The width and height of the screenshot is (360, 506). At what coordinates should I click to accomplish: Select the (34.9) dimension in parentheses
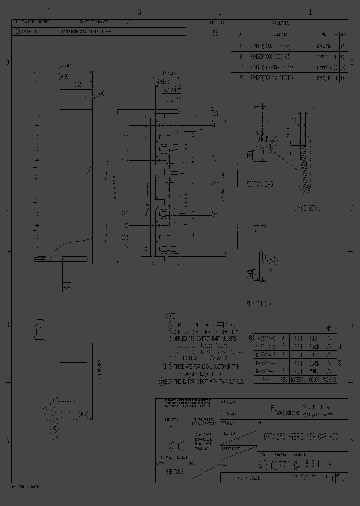[x=63, y=76]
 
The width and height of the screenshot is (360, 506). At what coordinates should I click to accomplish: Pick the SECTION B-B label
[x=260, y=184]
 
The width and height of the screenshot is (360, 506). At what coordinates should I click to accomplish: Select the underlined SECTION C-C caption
[x=259, y=303]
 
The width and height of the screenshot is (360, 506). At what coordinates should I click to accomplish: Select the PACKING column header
[x=328, y=380]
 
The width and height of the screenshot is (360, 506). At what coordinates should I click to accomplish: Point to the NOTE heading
[x=171, y=317]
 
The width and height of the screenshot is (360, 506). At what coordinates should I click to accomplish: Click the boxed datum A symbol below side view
[x=66, y=287]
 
